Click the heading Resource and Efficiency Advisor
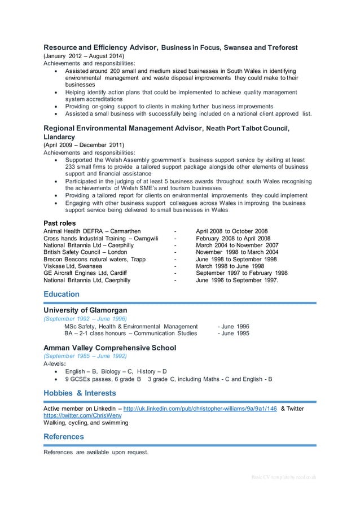[x=102, y=47]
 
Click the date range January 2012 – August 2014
[x=84, y=56]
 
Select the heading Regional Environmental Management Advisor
[x=122, y=129]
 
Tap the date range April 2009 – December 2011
[x=84, y=145]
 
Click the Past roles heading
[x=64, y=223]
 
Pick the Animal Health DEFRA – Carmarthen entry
[x=92, y=231]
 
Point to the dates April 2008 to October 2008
[x=231, y=231]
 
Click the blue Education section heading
[x=62, y=295]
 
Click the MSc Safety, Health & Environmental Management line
[x=131, y=326]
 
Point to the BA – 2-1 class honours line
[x=130, y=334]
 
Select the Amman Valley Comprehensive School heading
[x=109, y=348]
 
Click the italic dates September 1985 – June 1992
[x=85, y=357]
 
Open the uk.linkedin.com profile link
[x=200, y=409]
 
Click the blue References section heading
[x=64, y=437]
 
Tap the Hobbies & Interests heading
[x=80, y=393]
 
